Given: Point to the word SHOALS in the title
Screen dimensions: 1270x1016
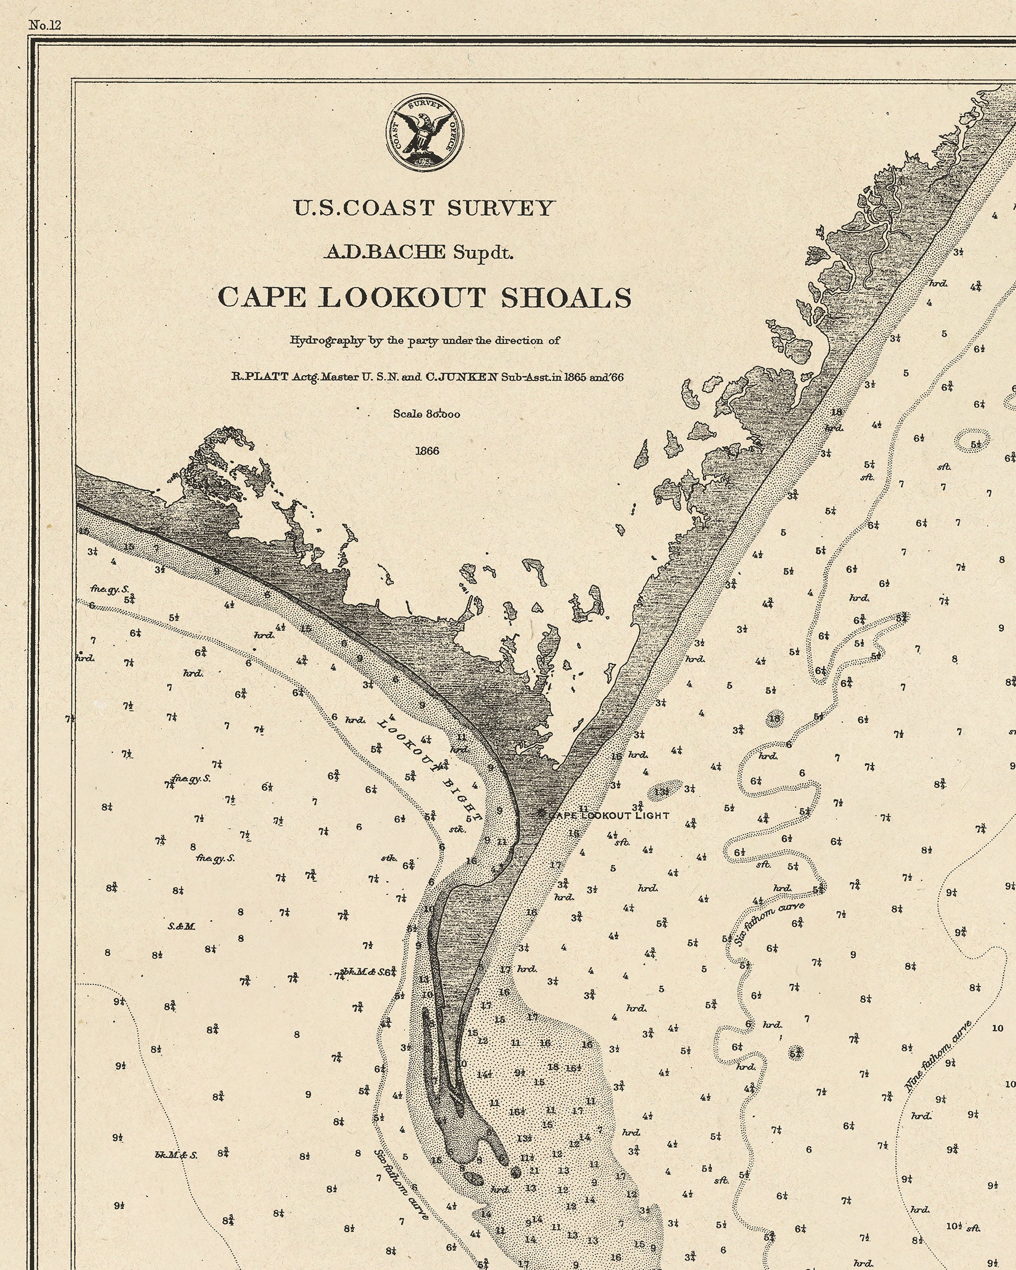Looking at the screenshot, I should coord(566,297).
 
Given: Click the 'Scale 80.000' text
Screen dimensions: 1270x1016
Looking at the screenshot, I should coord(427,414).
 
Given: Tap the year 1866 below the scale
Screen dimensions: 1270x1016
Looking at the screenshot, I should coord(427,451).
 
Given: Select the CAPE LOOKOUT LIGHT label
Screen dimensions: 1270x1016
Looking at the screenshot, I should coord(609,815).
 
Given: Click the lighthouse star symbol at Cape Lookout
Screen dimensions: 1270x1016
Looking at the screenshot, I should coord(541,813).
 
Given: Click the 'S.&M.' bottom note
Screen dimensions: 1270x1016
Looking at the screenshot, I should coord(182,927).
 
